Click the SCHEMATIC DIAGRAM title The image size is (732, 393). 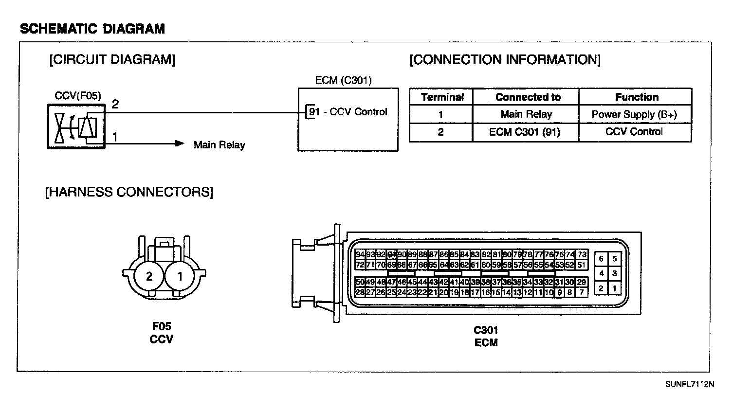tap(92, 29)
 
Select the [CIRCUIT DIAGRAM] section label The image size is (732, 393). tap(112, 60)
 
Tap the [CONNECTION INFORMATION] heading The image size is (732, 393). tap(505, 60)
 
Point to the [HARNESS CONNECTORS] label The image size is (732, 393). tap(129, 192)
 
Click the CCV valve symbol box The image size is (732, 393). tap(75, 125)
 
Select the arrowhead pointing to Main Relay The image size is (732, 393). tap(180, 143)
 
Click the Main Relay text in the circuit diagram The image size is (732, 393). tap(220, 144)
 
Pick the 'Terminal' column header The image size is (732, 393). tap(442, 97)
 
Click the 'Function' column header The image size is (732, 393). tap(637, 97)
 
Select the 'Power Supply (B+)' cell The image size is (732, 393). tap(634, 115)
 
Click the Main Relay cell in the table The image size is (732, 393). tap(526, 115)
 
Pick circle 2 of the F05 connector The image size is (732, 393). tap(149, 277)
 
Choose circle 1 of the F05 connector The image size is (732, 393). tap(180, 277)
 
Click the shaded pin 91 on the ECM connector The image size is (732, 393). tap(391, 254)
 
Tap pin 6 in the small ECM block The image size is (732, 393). tap(602, 259)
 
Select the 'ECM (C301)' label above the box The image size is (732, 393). tap(343, 80)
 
